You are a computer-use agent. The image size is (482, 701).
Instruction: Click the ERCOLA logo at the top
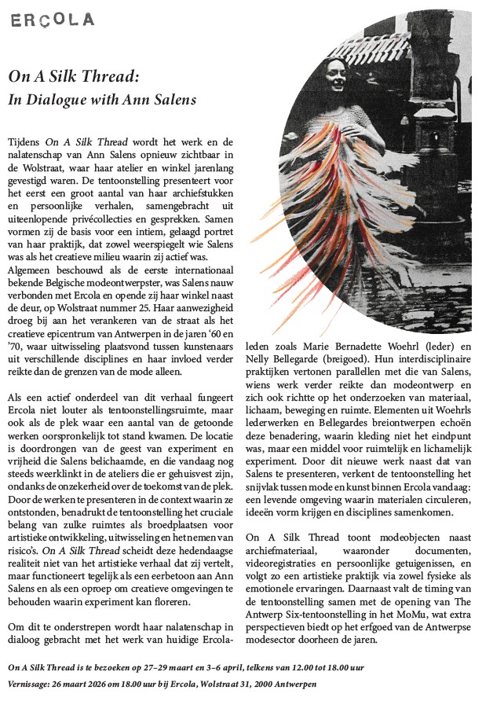52,19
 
